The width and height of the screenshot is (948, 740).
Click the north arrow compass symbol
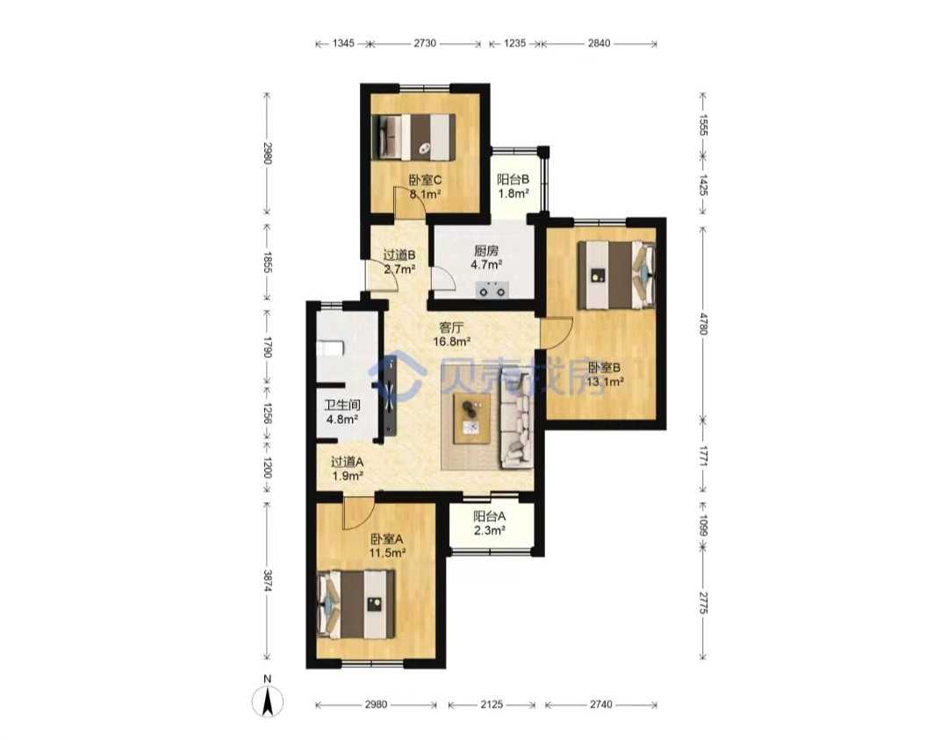(x=267, y=701)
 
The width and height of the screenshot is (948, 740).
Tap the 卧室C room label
(x=425, y=180)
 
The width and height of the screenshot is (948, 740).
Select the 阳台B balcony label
(x=513, y=180)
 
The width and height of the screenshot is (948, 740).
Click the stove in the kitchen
(x=492, y=291)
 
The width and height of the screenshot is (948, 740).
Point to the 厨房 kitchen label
(x=486, y=250)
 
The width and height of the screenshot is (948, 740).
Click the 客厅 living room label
(x=451, y=327)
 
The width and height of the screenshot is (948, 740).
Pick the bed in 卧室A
(x=356, y=605)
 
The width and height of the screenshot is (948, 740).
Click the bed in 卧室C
(x=413, y=137)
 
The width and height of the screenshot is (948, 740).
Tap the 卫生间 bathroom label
(x=342, y=405)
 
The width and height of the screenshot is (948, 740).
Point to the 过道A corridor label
(x=347, y=462)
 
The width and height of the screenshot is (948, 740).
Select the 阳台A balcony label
(x=489, y=516)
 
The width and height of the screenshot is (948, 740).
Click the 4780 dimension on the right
(x=702, y=323)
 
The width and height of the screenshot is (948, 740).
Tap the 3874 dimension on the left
(x=268, y=581)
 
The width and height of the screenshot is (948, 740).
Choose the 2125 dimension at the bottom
(x=492, y=704)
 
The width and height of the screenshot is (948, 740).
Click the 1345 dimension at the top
(x=343, y=44)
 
